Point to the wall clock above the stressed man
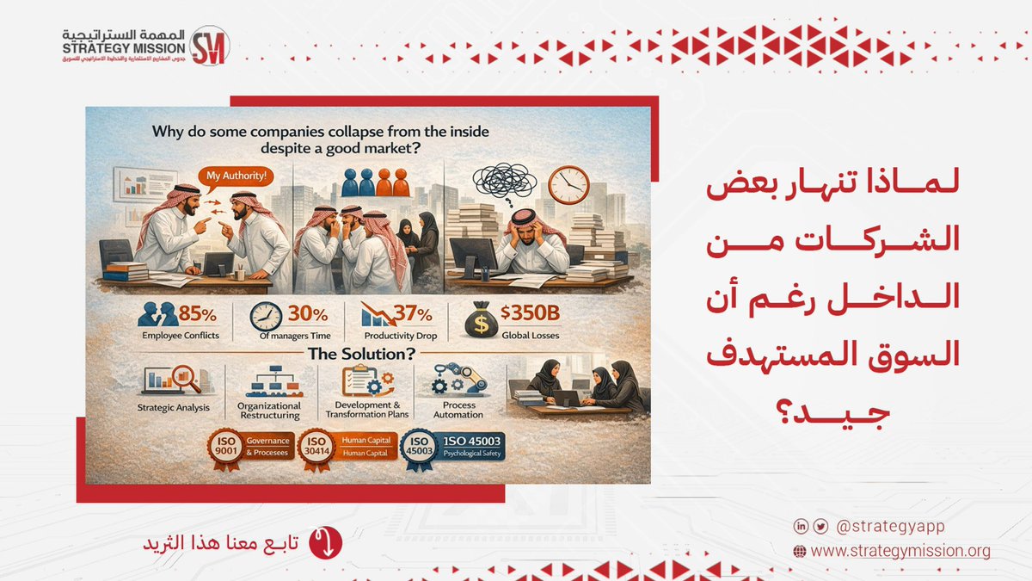[x=568, y=183]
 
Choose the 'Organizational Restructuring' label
[x=269, y=410]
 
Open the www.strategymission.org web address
[x=900, y=551]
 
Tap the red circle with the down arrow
[x=325, y=542]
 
